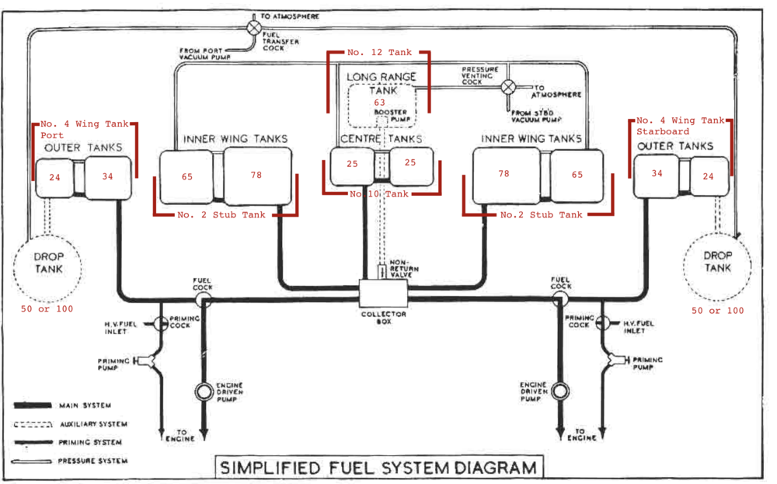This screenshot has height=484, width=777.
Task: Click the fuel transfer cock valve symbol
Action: point(253,26)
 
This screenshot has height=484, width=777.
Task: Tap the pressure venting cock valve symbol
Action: point(507,86)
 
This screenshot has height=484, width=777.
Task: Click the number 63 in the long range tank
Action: point(379,103)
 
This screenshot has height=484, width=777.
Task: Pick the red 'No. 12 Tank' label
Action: point(378,52)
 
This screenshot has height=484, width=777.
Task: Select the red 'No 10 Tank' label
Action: point(378,193)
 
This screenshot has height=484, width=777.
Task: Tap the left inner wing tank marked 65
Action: point(188,176)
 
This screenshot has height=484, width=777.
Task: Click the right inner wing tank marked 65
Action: point(577,175)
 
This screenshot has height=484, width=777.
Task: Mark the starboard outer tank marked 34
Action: point(657,173)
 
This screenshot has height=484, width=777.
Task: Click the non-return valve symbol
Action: point(382,273)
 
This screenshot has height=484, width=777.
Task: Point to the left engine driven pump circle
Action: point(204,391)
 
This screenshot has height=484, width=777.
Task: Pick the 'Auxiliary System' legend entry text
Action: point(92,424)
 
